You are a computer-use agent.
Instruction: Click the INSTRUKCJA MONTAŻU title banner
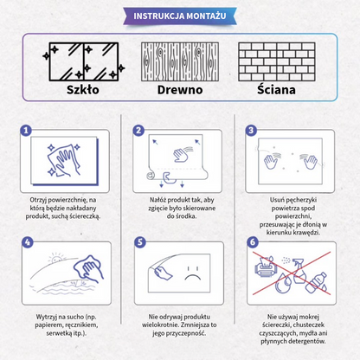[180, 16]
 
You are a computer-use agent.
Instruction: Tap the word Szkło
[83, 90]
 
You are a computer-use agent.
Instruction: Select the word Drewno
[180, 90]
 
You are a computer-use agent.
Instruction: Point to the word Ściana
[276, 89]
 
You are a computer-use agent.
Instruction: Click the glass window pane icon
[84, 61]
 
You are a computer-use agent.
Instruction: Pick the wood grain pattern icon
[180, 61]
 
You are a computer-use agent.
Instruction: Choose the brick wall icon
[277, 61]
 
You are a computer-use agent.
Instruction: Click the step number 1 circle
[26, 131]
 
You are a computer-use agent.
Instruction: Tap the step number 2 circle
[138, 131]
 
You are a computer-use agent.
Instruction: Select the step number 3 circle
[251, 131]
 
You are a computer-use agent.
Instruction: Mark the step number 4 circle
[28, 242]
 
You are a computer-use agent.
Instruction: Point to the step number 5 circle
[140, 242]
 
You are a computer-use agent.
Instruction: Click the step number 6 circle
[253, 242]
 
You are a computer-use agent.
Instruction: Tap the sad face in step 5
[193, 273]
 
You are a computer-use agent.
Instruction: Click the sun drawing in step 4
[56, 258]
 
